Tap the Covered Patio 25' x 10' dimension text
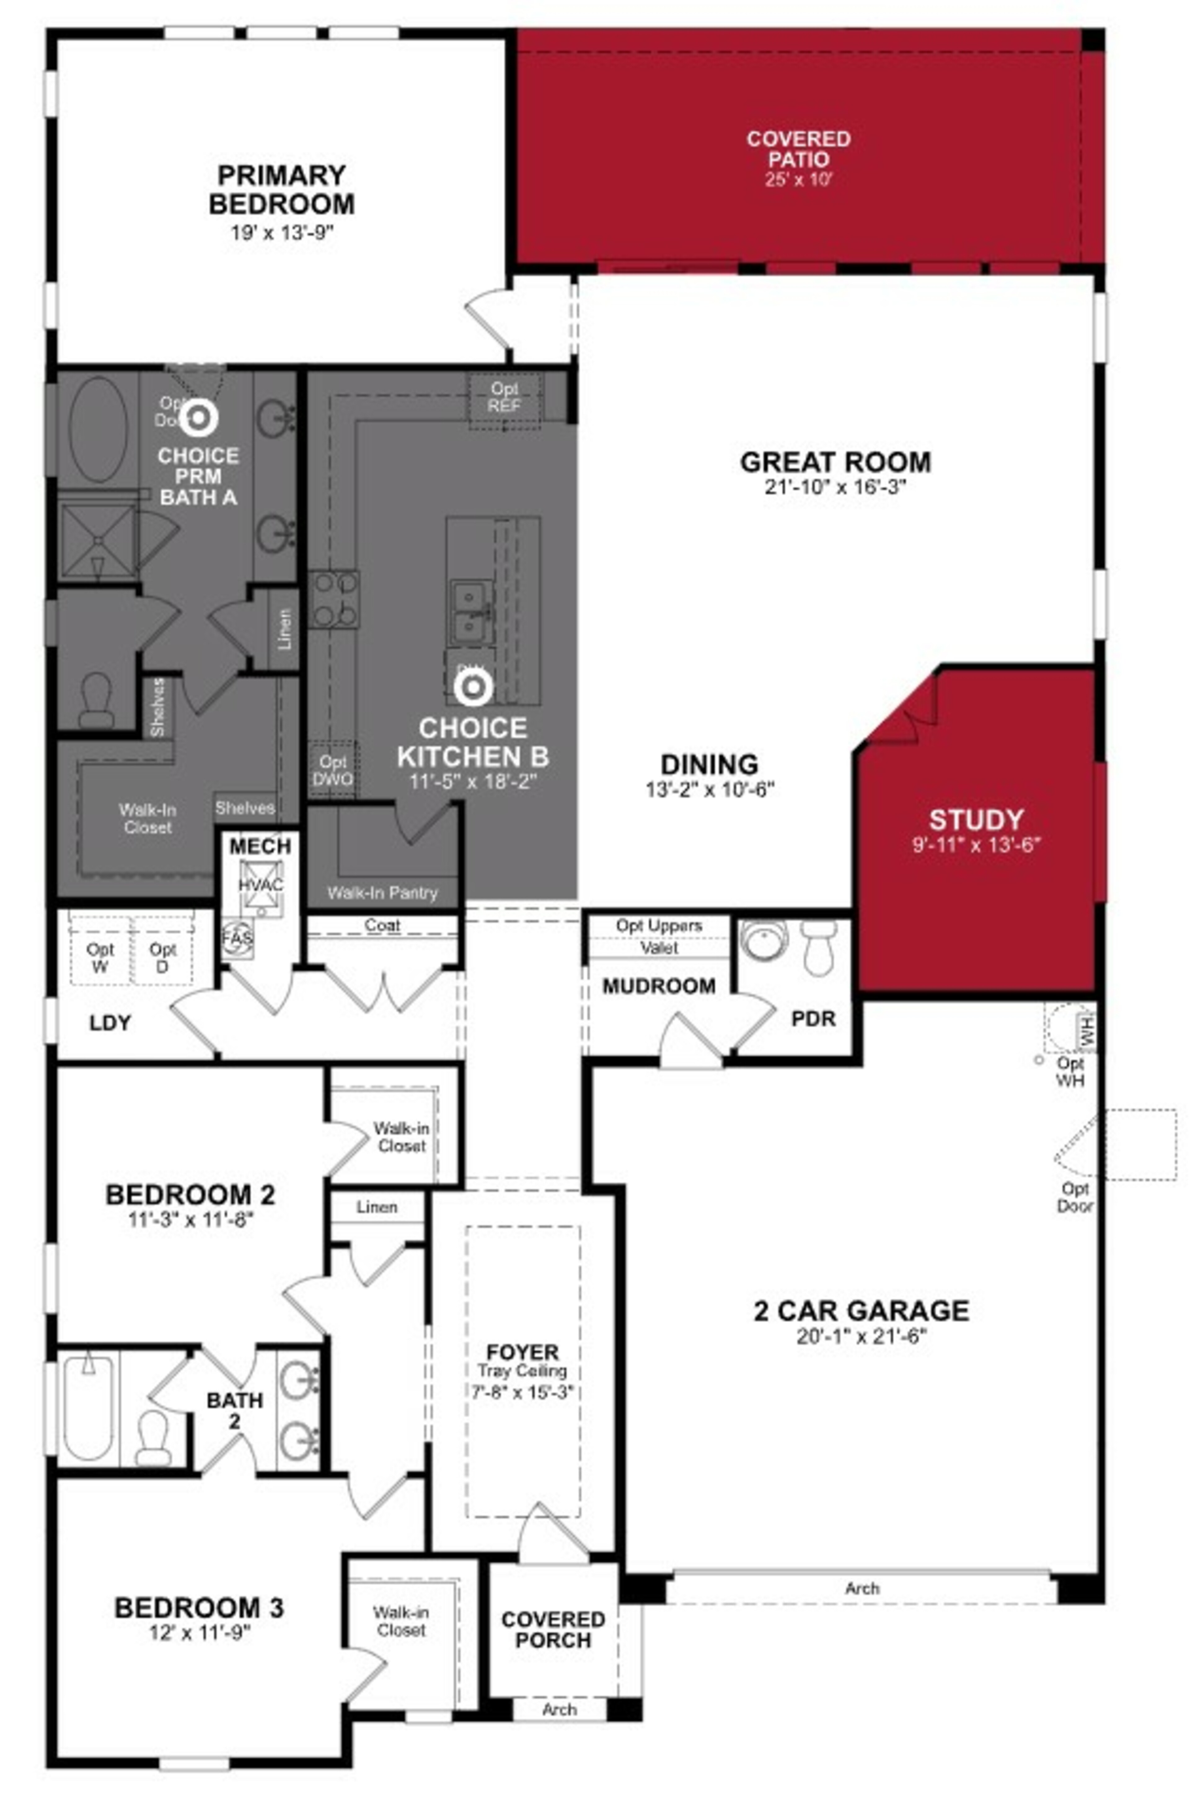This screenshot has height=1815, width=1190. pos(797,180)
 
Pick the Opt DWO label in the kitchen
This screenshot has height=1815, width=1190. pos(333,770)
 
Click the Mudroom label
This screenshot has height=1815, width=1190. pos(658,986)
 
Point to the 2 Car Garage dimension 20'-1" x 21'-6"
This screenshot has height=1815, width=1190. pos(861,1336)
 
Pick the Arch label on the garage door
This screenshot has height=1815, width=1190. pos(862,1588)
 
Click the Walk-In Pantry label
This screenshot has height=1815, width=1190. pos(382,893)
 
